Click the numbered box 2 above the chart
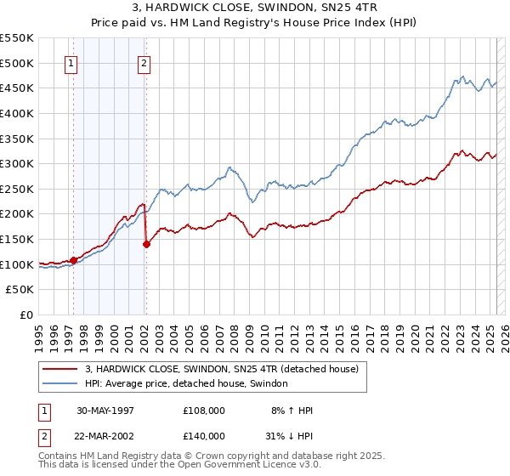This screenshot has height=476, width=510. click(144, 62)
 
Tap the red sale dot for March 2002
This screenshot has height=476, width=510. click(146, 244)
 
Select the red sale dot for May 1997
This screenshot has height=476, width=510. click(74, 260)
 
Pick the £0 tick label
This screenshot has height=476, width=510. click(28, 314)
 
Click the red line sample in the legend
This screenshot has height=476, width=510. click(60, 369)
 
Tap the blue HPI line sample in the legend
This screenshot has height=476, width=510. click(60, 384)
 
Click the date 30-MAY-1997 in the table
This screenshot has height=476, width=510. click(105, 411)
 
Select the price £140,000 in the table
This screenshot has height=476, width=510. click(203, 435)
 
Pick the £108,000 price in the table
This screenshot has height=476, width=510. click(203, 411)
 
